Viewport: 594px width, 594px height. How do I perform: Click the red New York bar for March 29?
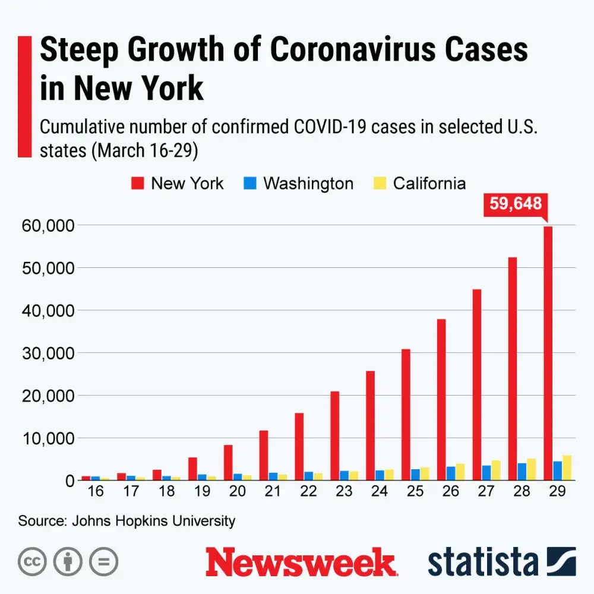[548, 353]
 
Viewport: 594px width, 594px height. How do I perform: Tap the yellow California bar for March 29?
[567, 467]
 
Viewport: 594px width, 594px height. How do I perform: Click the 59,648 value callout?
[516, 204]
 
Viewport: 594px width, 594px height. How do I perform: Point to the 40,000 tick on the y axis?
[49, 311]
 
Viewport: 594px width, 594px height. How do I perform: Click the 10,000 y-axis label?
[49, 438]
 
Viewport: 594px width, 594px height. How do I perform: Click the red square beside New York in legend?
[138, 183]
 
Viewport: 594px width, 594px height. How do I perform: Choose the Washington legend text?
[308, 183]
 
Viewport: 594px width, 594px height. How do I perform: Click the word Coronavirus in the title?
[365, 50]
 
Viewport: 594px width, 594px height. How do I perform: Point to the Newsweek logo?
[300, 562]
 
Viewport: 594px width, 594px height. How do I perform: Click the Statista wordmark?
[482, 562]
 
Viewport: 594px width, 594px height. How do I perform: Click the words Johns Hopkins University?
[153, 521]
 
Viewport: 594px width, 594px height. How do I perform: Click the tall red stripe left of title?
[24, 97]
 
